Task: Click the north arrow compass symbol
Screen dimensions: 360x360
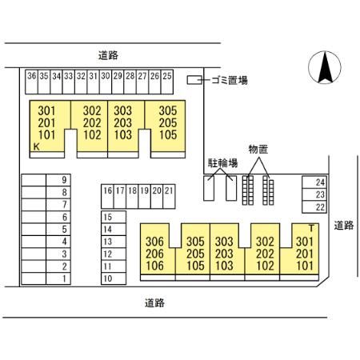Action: tap(325, 67)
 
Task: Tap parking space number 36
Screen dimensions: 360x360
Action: tap(32, 82)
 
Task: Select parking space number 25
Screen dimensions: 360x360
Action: tap(167, 82)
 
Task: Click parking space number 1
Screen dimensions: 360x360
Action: tap(58, 278)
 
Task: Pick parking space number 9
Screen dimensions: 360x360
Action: tap(58, 180)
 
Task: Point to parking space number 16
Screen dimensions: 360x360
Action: tap(107, 196)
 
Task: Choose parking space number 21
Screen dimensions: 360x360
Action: tap(169, 196)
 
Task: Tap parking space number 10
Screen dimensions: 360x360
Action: tap(114, 278)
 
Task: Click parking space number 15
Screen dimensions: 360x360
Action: tap(114, 217)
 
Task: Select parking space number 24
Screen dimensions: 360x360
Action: tap(314, 182)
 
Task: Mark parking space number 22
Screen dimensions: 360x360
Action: tap(314, 207)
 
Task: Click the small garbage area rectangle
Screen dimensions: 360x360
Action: tap(194, 80)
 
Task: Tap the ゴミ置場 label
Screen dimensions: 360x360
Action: tap(230, 80)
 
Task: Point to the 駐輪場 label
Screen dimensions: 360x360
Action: tap(222, 163)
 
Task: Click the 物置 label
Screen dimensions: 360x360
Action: tap(258, 150)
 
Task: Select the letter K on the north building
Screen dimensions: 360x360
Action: tap(37, 146)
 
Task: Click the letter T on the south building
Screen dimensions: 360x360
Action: tap(311, 228)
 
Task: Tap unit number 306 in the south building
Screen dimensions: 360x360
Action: tap(155, 242)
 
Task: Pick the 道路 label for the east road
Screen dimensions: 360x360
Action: tap(344, 226)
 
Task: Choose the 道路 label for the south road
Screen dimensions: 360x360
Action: tap(154, 303)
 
